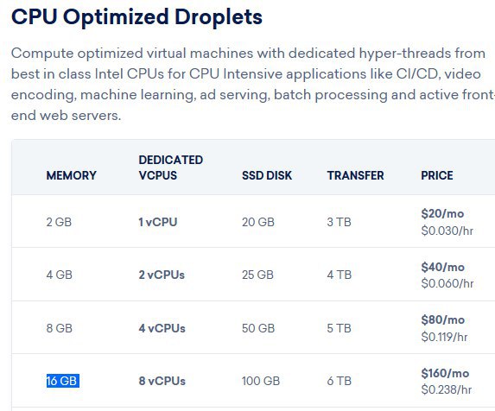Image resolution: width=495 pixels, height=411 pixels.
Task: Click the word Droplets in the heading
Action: point(219,17)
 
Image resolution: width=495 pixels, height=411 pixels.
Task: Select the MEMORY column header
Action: point(72,175)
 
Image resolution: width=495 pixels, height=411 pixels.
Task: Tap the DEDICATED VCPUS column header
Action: point(171,168)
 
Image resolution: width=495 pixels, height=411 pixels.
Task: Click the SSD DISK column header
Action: point(267,175)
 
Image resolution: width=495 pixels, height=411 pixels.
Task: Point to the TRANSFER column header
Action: point(355,175)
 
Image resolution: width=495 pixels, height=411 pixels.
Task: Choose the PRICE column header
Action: point(437,175)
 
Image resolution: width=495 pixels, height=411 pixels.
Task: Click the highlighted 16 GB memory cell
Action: point(62,381)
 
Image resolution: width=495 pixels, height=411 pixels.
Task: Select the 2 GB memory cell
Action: point(59,222)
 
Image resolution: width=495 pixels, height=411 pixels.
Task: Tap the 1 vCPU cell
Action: point(158,222)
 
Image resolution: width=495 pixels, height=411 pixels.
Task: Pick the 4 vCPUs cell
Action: point(162,328)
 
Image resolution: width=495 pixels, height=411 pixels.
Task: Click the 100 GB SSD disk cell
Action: point(261,381)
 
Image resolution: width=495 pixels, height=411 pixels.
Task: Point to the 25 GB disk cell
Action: point(257,275)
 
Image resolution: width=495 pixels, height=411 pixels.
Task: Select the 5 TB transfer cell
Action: point(339,328)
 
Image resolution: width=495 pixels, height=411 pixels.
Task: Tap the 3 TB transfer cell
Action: point(339,222)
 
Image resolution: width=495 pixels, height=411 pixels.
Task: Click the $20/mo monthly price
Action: point(442,213)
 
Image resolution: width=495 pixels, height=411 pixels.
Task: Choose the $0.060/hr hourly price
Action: point(447,283)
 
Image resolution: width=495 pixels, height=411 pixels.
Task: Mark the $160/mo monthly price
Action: point(445,374)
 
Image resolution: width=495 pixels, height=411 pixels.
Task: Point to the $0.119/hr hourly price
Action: point(444,337)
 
